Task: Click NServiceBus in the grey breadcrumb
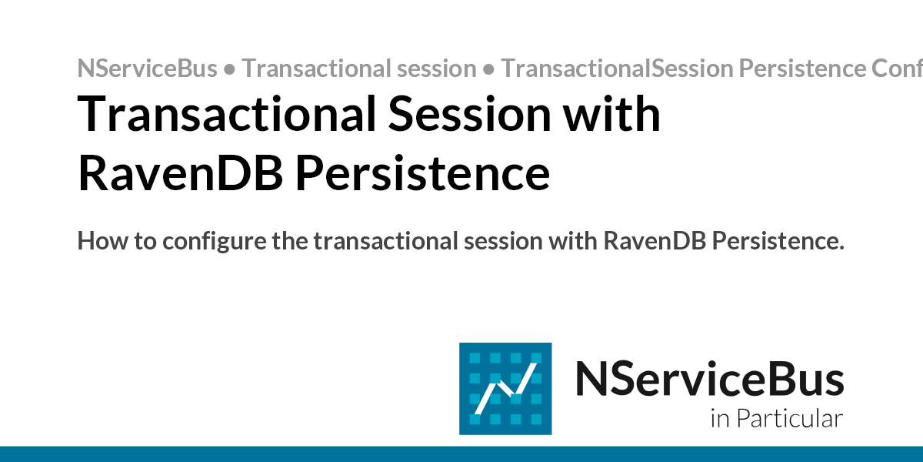click(147, 69)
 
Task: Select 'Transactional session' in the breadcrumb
click(359, 69)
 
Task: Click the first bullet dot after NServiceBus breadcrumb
click(229, 69)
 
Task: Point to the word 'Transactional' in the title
click(225, 115)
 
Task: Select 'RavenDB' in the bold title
click(181, 174)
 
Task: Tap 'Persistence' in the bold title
click(423, 174)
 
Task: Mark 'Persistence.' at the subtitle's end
click(777, 241)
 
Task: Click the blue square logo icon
click(505, 388)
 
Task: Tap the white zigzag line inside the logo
click(505, 390)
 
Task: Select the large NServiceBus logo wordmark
click(709, 380)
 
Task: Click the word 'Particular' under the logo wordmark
click(790, 420)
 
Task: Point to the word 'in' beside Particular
click(720, 420)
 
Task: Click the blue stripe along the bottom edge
click(461, 454)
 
